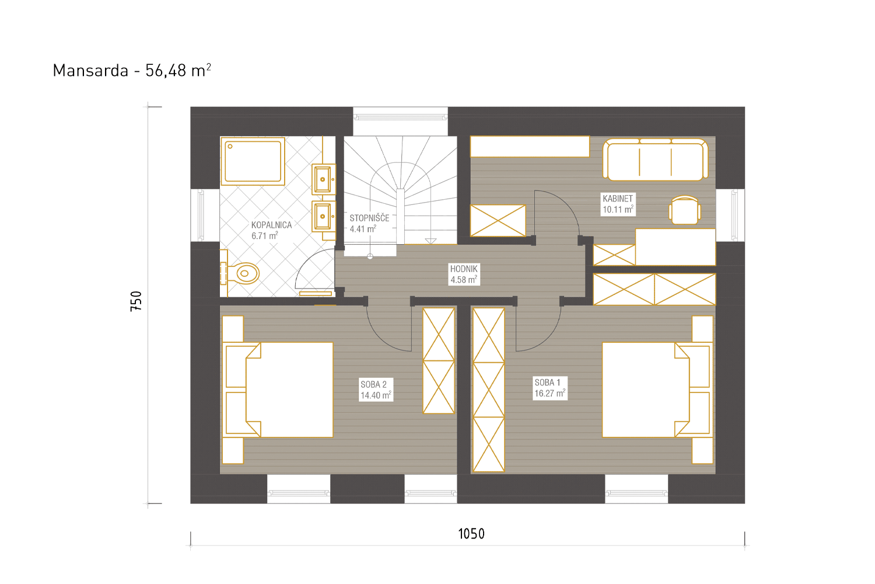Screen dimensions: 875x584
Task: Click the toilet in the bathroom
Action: click(240, 273)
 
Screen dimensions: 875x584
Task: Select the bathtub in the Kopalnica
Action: click(253, 161)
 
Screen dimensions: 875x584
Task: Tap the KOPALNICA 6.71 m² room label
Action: click(271, 231)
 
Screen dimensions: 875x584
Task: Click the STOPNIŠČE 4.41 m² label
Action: click(369, 223)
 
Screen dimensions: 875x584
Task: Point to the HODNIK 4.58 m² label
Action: click(464, 274)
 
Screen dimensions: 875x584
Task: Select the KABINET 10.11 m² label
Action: click(618, 204)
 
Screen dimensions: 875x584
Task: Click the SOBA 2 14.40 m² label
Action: click(376, 390)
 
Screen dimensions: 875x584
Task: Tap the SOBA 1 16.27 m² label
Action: click(550, 388)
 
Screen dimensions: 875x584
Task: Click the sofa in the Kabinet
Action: click(656, 159)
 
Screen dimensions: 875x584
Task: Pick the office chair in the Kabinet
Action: click(685, 210)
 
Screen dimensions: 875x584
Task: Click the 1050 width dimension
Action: click(471, 534)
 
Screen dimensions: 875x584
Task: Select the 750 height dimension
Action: click(136, 301)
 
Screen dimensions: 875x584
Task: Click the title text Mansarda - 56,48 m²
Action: click(132, 71)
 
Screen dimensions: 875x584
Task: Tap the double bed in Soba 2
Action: click(278, 390)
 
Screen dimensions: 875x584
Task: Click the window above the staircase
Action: click(400, 117)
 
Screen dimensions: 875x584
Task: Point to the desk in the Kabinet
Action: click(675, 247)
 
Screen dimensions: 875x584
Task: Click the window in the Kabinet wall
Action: click(730, 215)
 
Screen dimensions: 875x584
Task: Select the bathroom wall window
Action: click(205, 215)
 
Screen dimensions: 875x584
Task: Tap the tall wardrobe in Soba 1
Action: click(488, 390)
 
